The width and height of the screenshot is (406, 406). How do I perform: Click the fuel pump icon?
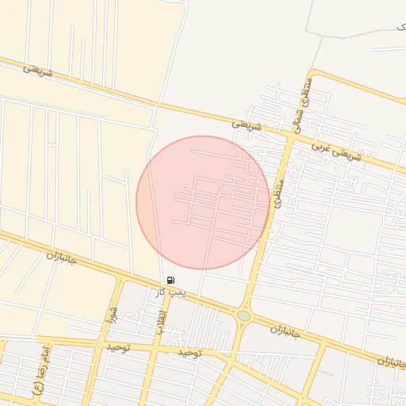[171, 280]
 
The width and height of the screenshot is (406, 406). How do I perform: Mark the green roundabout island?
[243, 316]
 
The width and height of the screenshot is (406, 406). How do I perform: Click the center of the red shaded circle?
[203, 202]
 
